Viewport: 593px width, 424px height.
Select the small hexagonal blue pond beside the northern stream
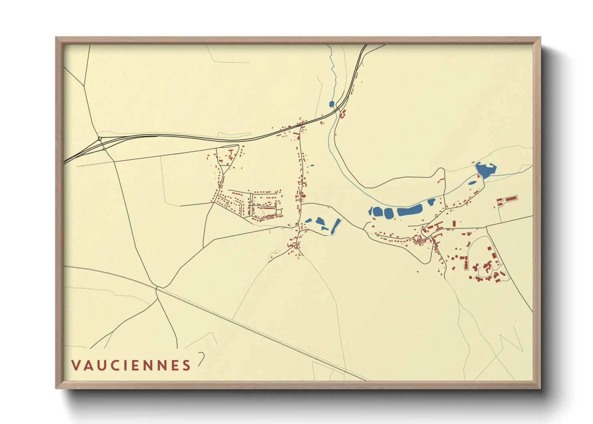pyautogui.click(x=331, y=104)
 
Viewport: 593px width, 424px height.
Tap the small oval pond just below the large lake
pyautogui.click(x=473, y=183)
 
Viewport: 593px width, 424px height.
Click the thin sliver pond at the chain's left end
pyautogui.click(x=371, y=211)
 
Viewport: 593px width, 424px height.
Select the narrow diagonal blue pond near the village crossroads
pyautogui.click(x=335, y=226)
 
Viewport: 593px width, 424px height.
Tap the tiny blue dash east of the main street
pyautogui.click(x=312, y=165)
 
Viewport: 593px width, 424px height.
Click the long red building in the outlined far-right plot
pyautogui.click(x=510, y=199)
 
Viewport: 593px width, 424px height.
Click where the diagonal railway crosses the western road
pyautogui.click(x=156, y=287)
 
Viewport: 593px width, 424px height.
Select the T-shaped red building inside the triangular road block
pyautogui.click(x=231, y=153)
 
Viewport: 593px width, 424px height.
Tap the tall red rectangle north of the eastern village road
pyautogui.click(x=454, y=223)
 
